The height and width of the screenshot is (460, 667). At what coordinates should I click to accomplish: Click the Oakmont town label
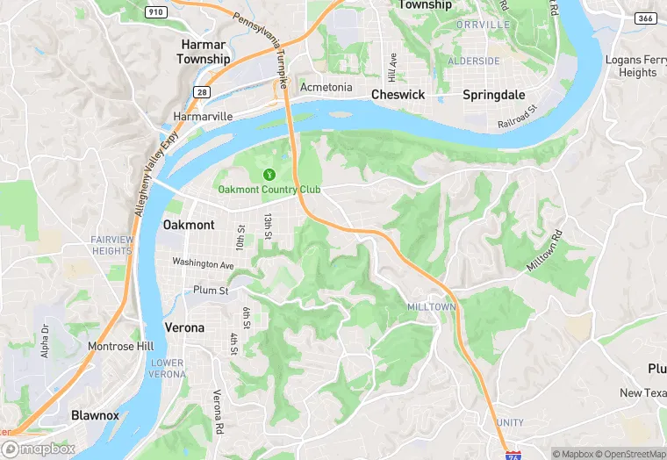coord(189,225)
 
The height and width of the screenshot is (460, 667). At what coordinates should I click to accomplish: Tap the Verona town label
coord(184,327)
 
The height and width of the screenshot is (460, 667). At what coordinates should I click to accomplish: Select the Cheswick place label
coord(398,94)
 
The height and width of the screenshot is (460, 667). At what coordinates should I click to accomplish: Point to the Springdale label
coord(493,94)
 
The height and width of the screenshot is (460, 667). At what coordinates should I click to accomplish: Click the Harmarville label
coord(203,116)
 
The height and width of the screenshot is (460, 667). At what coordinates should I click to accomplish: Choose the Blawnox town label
coord(95,414)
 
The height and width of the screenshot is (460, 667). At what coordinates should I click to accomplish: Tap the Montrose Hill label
coord(121,346)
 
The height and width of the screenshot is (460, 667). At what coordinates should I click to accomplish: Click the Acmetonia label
coord(326,88)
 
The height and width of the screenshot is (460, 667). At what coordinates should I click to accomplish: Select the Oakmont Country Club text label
coord(269,190)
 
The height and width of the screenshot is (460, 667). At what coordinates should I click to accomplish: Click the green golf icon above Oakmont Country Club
coord(269,174)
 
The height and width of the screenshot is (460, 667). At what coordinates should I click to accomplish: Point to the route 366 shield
coord(645,18)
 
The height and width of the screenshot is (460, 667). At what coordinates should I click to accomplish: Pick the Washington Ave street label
coord(203,262)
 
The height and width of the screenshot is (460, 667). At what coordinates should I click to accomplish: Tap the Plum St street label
coord(212,291)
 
